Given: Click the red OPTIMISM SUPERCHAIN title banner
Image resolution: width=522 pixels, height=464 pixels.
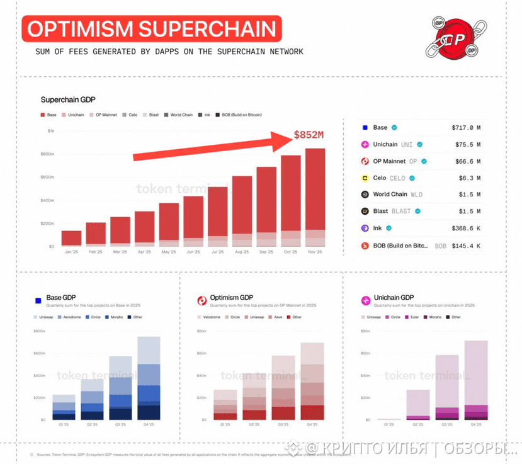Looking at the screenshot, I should pos(152,29).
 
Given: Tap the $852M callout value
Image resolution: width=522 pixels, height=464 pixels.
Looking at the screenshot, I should pos(309,135).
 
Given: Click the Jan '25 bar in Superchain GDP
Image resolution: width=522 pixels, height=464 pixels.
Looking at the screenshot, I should pos(71,237).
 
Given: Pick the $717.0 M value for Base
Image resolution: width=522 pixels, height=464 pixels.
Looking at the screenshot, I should pos(466,128).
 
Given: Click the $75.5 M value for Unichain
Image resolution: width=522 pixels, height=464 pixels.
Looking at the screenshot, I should pos(468,145).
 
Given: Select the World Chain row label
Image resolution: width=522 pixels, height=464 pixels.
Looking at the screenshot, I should pos(390,195).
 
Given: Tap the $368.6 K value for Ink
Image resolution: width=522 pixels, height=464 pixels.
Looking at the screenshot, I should pos(466,229).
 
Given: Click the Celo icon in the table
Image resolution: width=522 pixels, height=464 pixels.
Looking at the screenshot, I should pos(364,178).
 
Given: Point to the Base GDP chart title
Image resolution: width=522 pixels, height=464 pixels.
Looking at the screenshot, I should pos(61,297).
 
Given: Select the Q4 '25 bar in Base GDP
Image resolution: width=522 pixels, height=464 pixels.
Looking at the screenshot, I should pos(149,378).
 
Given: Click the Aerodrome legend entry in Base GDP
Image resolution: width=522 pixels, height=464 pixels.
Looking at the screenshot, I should pos(71,317).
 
